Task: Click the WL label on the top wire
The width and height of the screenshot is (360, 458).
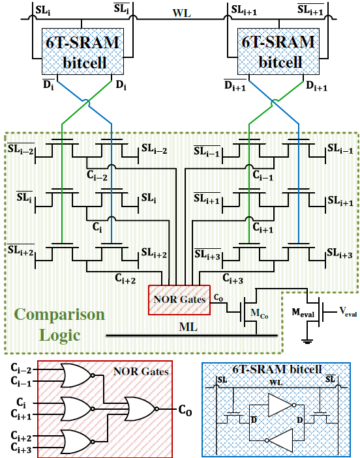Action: [x=181, y=13]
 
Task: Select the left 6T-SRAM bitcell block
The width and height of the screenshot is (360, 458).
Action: [x=83, y=51]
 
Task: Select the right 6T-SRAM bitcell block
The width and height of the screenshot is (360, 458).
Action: [x=278, y=51]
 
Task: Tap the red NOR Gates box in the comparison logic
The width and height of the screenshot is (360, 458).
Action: [x=179, y=300]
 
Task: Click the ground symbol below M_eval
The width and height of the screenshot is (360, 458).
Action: [x=307, y=341]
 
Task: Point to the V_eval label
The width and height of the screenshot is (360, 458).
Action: [x=348, y=312]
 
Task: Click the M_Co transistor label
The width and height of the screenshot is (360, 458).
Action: [x=259, y=314]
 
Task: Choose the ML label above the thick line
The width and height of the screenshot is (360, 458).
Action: [x=188, y=327]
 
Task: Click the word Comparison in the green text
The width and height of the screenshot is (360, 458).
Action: [x=59, y=315]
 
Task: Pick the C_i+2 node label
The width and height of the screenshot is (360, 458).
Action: [x=125, y=278]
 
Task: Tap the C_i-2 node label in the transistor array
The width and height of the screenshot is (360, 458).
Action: [x=97, y=175]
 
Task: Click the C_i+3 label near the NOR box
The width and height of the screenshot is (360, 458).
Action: [x=233, y=278]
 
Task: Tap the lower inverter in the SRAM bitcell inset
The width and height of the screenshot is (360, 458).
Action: [x=278, y=440]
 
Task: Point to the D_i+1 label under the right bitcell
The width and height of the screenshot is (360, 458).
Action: [x=316, y=86]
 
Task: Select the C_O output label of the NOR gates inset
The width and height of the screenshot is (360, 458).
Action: [x=185, y=410]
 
